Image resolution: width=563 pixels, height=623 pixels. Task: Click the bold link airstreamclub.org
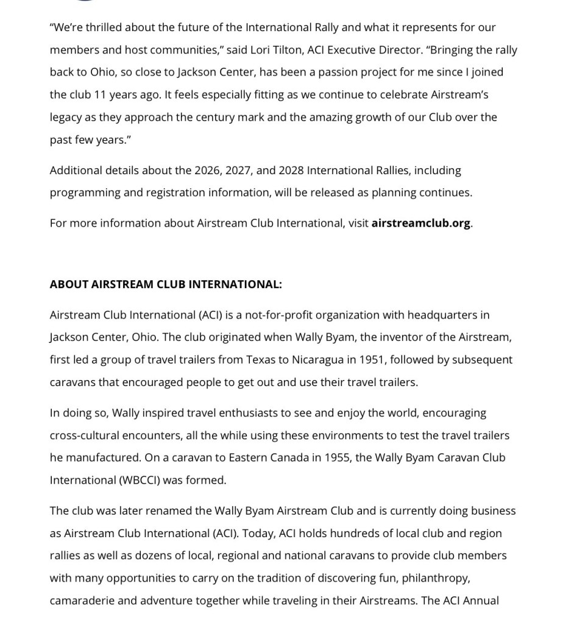(420, 223)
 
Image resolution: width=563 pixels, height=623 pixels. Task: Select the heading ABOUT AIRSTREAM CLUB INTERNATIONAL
(166, 284)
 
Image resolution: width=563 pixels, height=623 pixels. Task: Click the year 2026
(207, 170)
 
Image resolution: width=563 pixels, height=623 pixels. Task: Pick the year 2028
(291, 170)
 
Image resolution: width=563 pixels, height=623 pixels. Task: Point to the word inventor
(398, 337)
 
